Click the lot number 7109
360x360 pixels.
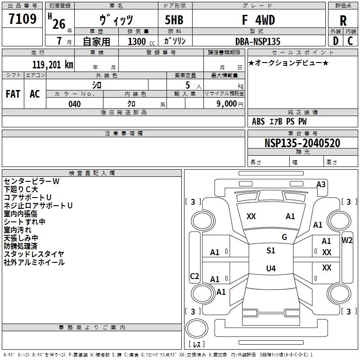pyautogui.click(x=22, y=18)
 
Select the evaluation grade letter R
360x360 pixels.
pyautogui.click(x=343, y=21)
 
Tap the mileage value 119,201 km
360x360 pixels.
pyautogui.click(x=53, y=65)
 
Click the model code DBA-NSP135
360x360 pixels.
pyautogui.click(x=258, y=41)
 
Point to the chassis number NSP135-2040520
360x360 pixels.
pyautogui.click(x=302, y=143)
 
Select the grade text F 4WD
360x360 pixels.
pyautogui.click(x=258, y=20)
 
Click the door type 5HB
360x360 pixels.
pyautogui.click(x=174, y=20)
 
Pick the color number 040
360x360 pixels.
pyautogui.click(x=75, y=104)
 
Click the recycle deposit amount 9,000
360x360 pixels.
pyautogui.click(x=227, y=103)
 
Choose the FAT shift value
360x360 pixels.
pyautogui.click(x=13, y=94)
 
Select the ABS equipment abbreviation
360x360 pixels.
pyautogui.click(x=258, y=121)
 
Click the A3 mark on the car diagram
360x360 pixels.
pyautogui.click(x=321, y=184)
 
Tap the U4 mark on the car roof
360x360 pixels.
pyautogui.click(x=271, y=268)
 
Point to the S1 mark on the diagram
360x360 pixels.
pyautogui.click(x=271, y=251)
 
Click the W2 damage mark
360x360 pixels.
pyautogui.click(x=347, y=240)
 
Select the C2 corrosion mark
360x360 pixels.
pyautogui.click(x=194, y=276)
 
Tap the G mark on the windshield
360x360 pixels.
pyautogui.click(x=284, y=237)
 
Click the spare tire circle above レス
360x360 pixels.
pyautogui.click(x=197, y=328)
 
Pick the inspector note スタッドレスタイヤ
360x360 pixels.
pyautogui.click(x=34, y=254)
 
